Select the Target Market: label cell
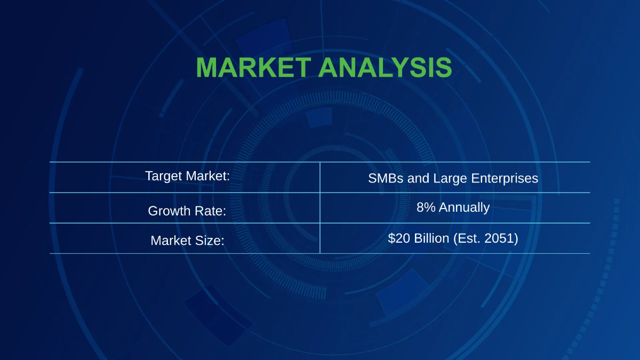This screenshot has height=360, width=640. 187,176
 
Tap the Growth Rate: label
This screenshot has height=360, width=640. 187,211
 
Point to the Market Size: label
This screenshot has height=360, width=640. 187,241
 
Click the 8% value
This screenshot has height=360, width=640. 426,207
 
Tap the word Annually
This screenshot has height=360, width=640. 464,207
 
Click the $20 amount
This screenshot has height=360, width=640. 398,238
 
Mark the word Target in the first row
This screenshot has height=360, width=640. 162,176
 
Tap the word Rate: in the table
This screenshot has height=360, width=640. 210,211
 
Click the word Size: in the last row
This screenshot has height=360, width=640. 210,241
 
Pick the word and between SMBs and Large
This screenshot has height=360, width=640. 419,179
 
